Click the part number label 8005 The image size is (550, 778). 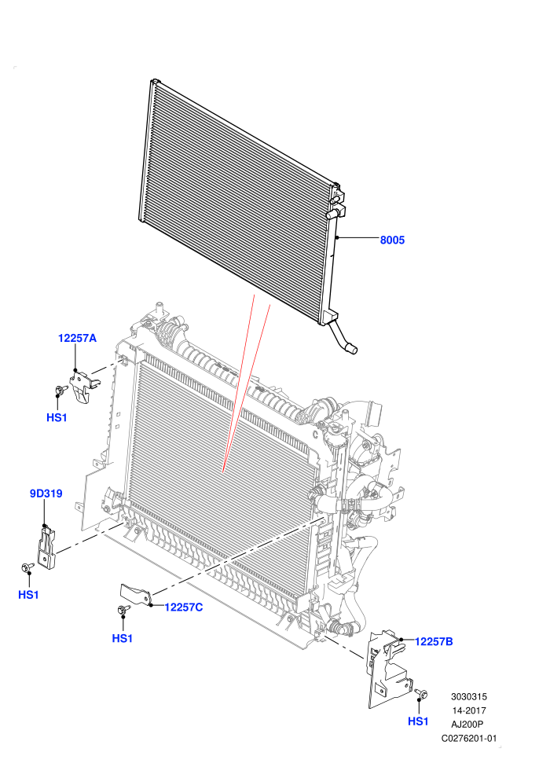(x=392, y=240)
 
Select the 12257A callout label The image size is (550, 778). (x=77, y=339)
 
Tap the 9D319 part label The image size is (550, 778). (x=46, y=494)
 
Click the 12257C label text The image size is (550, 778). (x=184, y=607)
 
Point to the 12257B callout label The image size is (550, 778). (x=434, y=641)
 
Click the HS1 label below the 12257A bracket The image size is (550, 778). (x=57, y=418)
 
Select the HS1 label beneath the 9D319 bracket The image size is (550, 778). (x=28, y=594)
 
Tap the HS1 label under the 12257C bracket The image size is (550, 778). (x=122, y=638)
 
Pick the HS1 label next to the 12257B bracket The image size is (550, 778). (x=418, y=721)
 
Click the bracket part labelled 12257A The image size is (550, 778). (x=82, y=385)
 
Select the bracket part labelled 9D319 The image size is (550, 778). (x=46, y=548)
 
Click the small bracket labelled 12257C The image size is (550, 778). (x=135, y=594)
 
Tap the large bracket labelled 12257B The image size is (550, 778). (x=388, y=667)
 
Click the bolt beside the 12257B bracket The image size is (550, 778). (x=422, y=693)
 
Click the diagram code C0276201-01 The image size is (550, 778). (x=469, y=738)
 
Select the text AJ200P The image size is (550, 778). (x=468, y=725)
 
